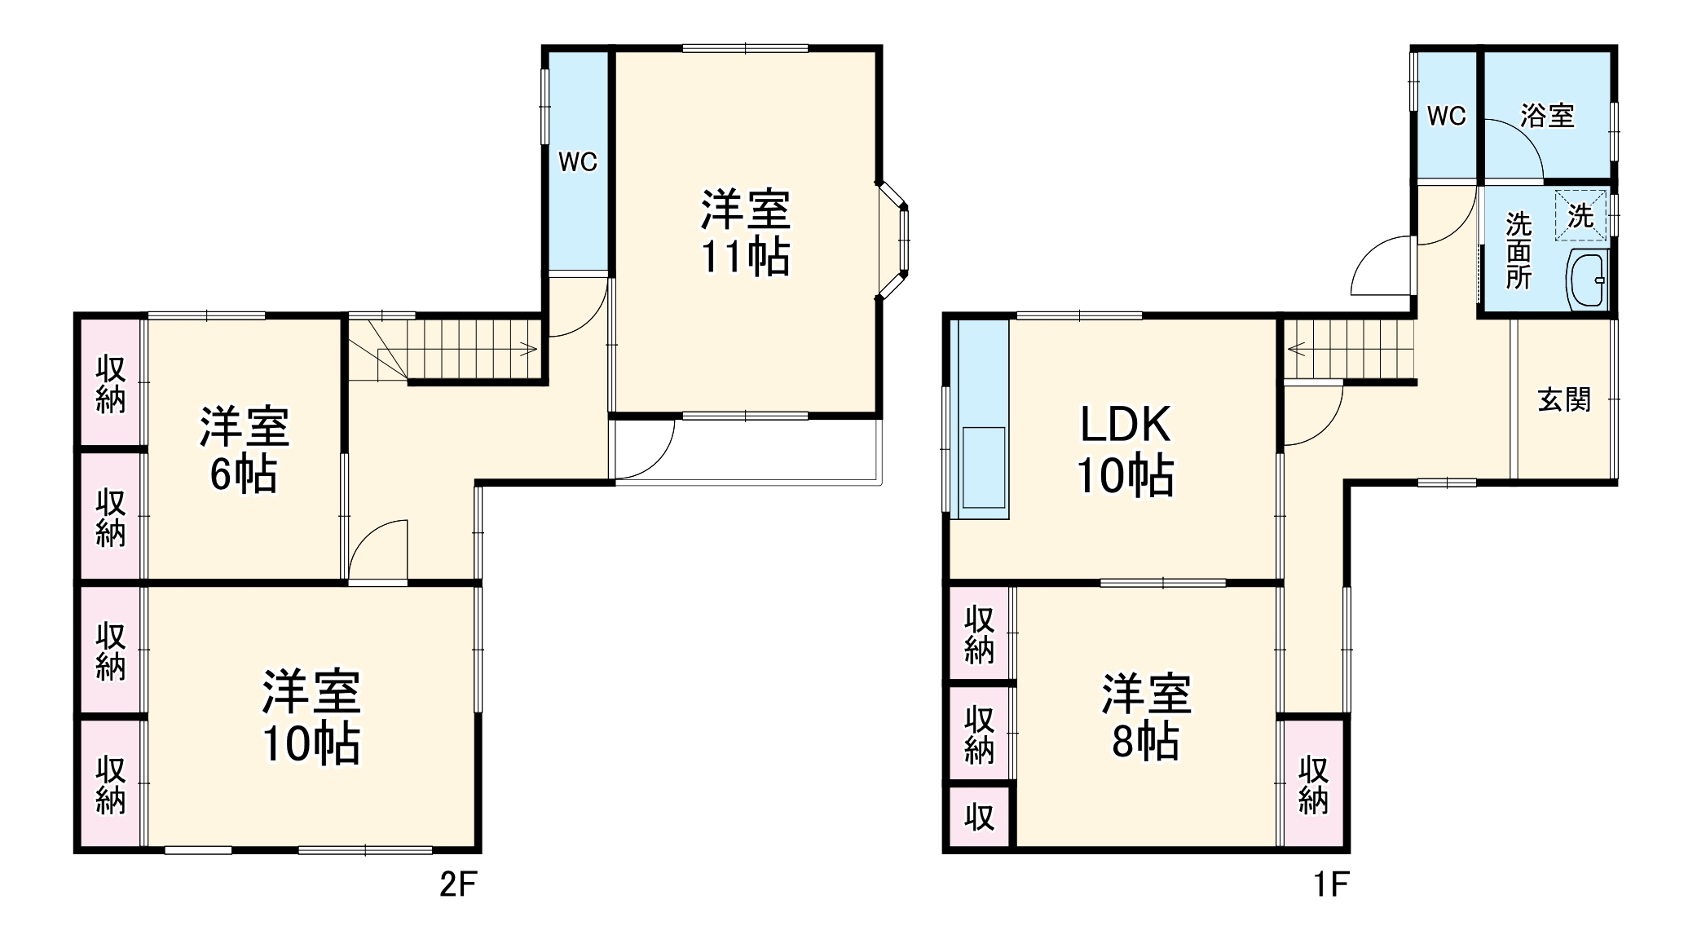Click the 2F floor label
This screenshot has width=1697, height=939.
[457, 884]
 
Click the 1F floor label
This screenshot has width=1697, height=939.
[1330, 884]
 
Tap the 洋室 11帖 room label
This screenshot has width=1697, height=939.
[745, 233]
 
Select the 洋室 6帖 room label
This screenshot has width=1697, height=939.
[244, 450]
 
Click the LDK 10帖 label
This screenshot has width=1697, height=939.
[1126, 450]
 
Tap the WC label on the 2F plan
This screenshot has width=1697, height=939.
[578, 162]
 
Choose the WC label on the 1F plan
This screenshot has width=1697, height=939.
[1447, 117]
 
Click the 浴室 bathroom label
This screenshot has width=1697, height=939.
[1547, 116]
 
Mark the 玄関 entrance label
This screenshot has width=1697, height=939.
[1564, 400]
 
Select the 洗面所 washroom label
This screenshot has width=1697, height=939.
[1518, 250]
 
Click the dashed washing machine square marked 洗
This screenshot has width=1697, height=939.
[1581, 216]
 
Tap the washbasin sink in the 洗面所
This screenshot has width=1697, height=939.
[1586, 280]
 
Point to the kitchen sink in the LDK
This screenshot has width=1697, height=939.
[984, 469]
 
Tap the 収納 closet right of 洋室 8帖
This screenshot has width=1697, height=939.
[1313, 784]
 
